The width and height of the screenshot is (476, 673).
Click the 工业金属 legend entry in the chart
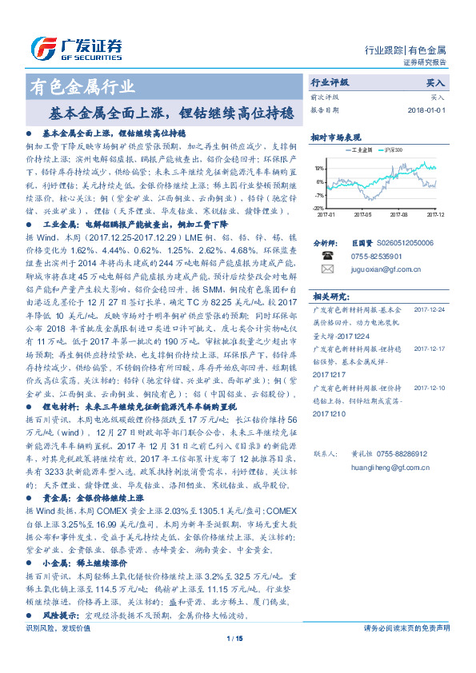[358, 149]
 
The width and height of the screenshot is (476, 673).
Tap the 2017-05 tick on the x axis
[362, 214]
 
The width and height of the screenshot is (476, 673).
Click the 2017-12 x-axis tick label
[435, 214]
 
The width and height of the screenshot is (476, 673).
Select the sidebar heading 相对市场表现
[336, 136]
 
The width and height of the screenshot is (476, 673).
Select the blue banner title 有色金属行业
[82, 87]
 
